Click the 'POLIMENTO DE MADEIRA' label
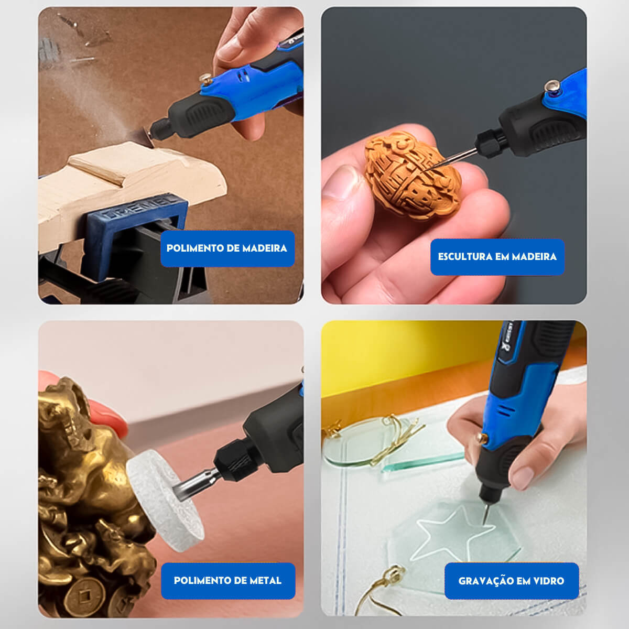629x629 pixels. tap(227, 248)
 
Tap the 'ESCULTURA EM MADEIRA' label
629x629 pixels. tap(497, 257)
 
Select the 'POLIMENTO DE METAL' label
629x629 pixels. tap(227, 580)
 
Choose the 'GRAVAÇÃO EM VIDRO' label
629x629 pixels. tap(511, 581)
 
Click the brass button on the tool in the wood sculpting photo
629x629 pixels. tap(552, 86)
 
